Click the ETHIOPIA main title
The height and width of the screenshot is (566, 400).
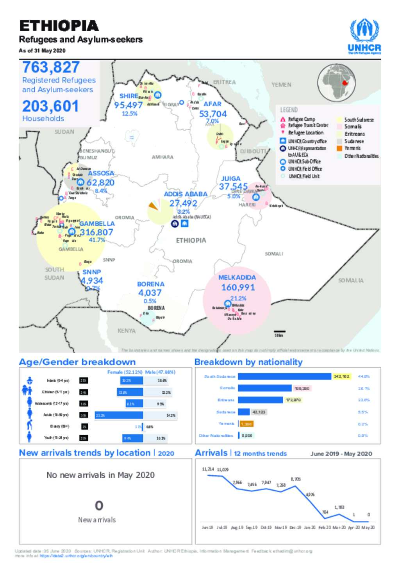[59, 26]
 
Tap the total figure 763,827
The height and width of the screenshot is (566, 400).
[51, 67]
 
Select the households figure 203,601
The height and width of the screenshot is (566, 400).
[50, 106]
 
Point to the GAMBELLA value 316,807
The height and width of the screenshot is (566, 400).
[96, 232]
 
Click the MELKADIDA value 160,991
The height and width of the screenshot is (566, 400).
[237, 287]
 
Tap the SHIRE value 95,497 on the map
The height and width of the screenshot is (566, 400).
[128, 105]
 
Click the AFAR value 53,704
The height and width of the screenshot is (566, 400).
[213, 114]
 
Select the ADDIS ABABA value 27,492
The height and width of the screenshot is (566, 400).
[183, 203]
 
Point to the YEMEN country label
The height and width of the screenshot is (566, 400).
[281, 84]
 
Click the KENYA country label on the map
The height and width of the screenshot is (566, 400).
[127, 331]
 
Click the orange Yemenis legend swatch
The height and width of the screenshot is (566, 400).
[339, 148]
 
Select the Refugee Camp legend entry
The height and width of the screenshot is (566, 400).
[301, 119]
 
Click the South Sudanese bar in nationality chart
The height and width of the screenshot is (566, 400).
[284, 377]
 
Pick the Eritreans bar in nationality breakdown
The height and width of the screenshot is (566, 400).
[260, 400]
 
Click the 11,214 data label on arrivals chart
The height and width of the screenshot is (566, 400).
[208, 469]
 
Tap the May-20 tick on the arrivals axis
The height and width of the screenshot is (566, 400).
[367, 527]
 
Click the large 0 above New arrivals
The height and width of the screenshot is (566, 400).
[99, 506]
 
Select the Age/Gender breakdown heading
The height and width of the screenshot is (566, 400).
[77, 362]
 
